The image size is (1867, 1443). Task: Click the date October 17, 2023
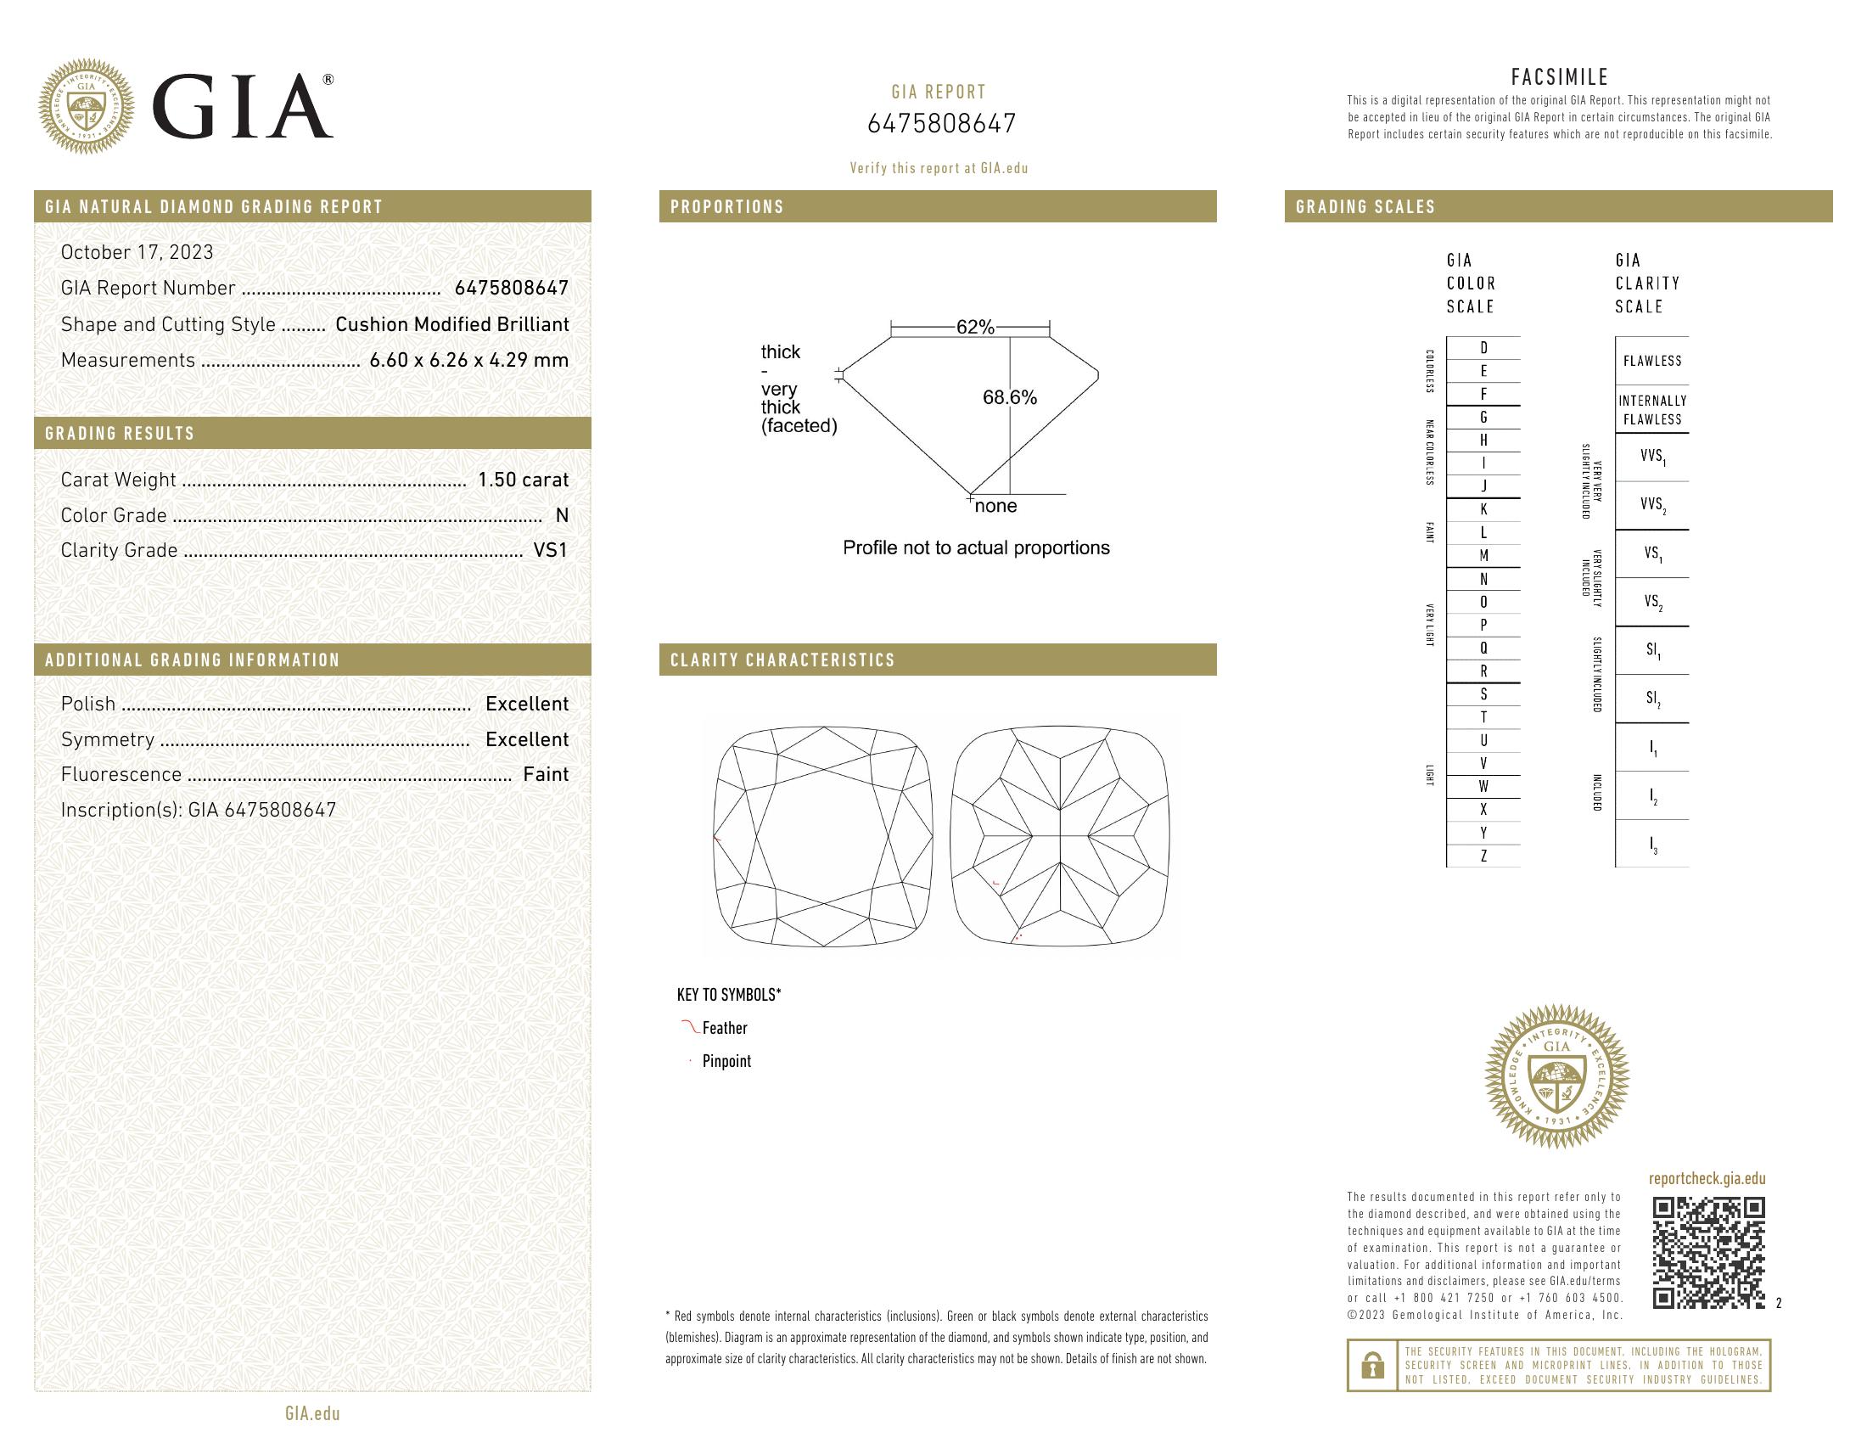137,252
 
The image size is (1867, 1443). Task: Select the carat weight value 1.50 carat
522,480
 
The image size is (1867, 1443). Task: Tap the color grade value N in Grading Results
562,515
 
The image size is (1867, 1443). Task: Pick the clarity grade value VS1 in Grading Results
551,551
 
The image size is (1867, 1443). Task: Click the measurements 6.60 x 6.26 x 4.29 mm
468,360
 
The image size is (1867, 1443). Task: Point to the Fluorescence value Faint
546,774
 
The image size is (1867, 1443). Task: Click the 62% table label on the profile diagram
974,328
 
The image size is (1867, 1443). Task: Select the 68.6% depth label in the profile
1010,397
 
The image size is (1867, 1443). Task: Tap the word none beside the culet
996,506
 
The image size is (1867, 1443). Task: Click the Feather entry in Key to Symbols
724,1029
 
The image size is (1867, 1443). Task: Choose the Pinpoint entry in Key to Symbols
726,1061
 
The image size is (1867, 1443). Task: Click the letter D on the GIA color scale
1483,348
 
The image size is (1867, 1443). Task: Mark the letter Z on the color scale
1483,856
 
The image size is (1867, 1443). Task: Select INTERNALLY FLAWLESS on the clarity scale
1651,410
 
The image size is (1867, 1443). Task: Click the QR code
1708,1252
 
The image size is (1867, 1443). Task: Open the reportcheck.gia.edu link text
1707,1179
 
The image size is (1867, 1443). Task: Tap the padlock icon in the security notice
1372,1365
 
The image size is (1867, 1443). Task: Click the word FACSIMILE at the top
1559,77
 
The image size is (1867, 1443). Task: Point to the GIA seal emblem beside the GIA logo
87,107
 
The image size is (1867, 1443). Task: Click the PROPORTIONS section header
726,207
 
